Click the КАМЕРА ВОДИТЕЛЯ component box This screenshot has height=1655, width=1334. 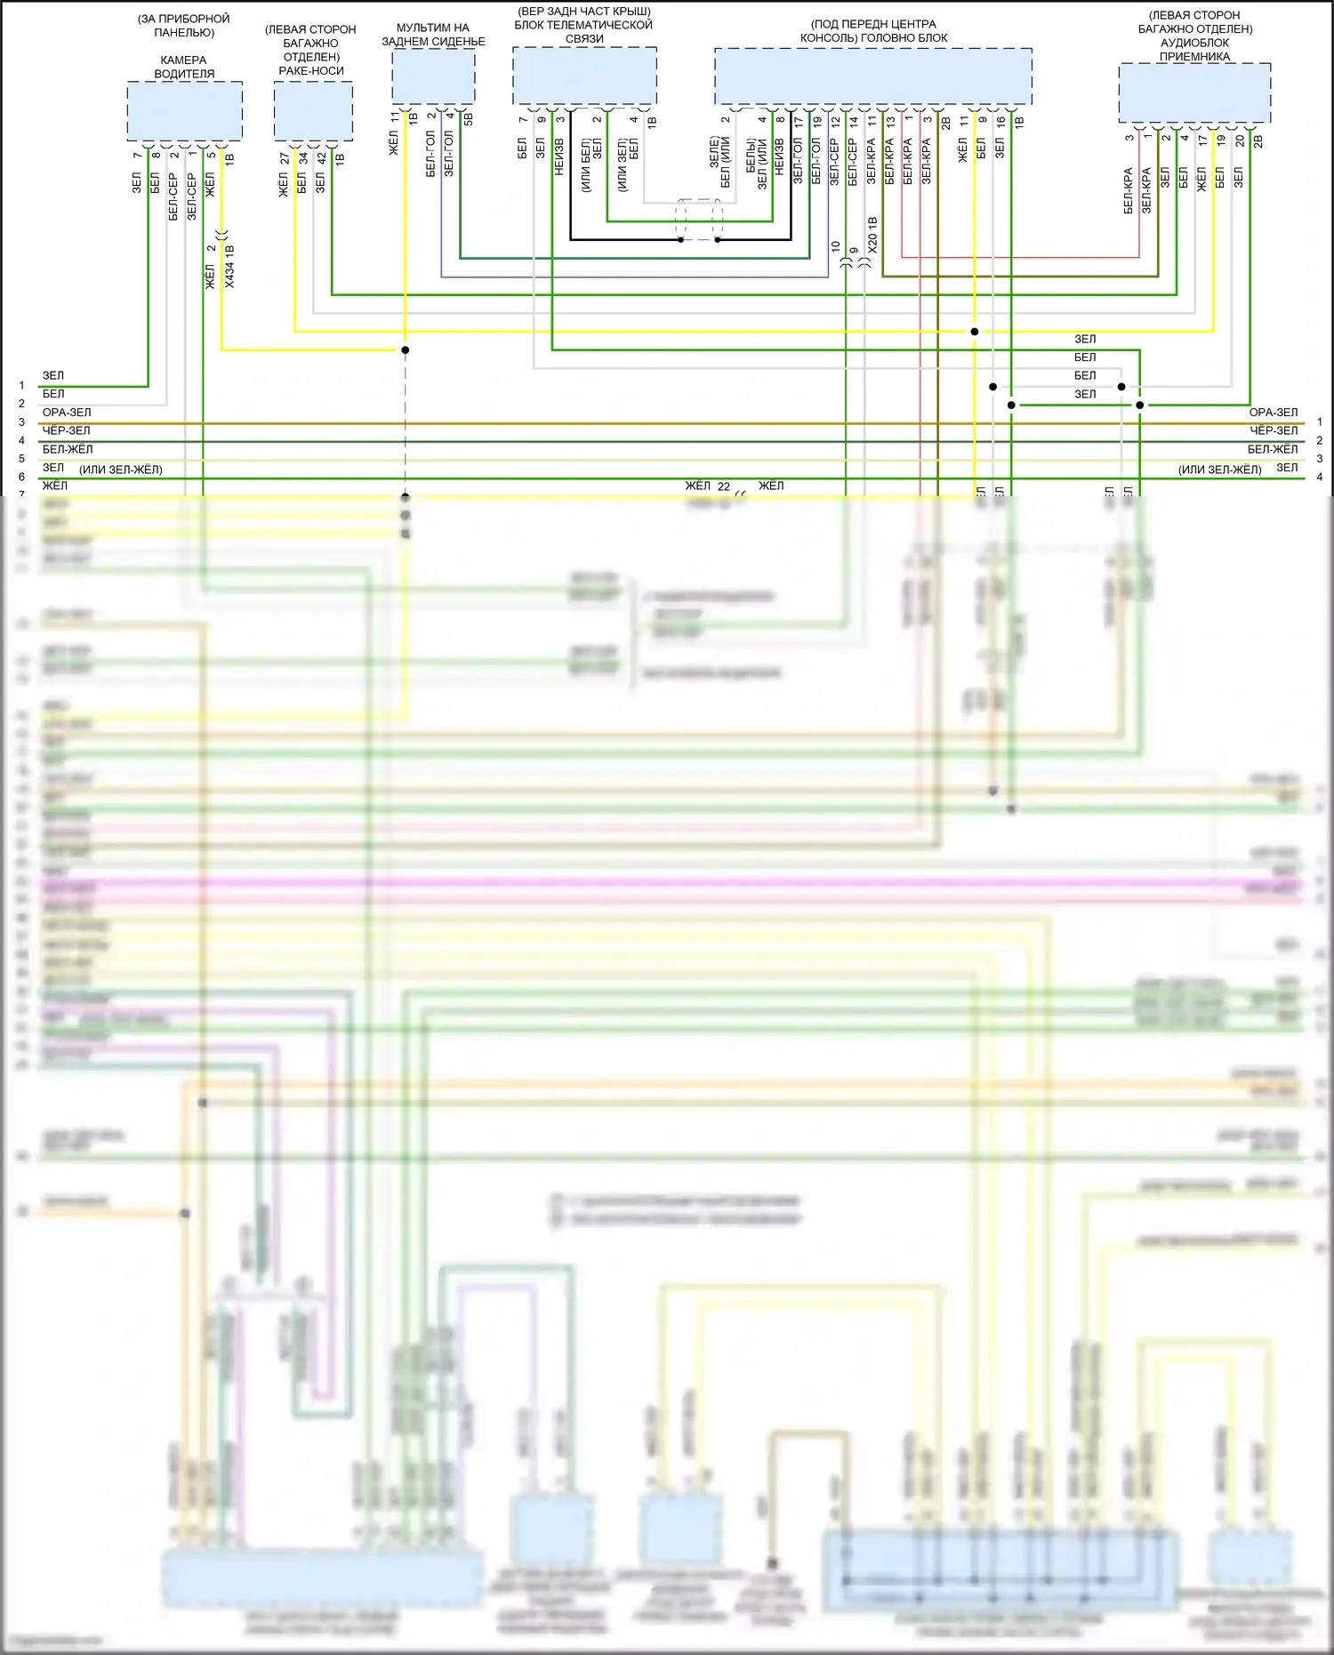click(x=184, y=111)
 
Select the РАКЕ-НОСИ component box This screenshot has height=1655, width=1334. click(x=313, y=111)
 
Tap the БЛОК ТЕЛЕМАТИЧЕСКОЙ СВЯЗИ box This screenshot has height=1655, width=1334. click(x=584, y=76)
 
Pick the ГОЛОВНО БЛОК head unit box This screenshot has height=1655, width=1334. click(x=872, y=76)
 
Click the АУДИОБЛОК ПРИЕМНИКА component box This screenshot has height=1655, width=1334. click(x=1194, y=92)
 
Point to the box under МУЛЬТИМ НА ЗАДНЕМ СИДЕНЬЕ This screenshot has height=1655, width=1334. click(x=433, y=76)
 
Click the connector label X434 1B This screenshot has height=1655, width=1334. click(x=229, y=266)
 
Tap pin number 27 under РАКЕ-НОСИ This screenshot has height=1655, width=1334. click(x=284, y=158)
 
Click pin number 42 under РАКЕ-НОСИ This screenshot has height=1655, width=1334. click(x=321, y=158)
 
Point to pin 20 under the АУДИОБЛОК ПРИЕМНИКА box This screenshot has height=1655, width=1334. click(x=1239, y=141)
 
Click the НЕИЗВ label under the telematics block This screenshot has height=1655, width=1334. click(x=559, y=157)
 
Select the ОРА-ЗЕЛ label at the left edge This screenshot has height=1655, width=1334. click(x=67, y=413)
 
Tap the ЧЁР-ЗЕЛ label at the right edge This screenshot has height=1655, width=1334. click(x=1274, y=430)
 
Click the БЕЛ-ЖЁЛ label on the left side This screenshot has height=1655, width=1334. click(x=68, y=449)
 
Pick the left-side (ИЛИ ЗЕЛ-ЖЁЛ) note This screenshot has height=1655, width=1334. click(x=121, y=470)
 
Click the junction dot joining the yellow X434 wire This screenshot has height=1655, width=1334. click(x=405, y=350)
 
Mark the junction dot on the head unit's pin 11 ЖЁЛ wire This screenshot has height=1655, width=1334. click(x=975, y=332)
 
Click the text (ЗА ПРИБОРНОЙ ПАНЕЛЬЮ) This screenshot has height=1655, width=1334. click(x=184, y=25)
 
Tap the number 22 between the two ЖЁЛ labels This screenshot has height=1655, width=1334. click(x=724, y=486)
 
